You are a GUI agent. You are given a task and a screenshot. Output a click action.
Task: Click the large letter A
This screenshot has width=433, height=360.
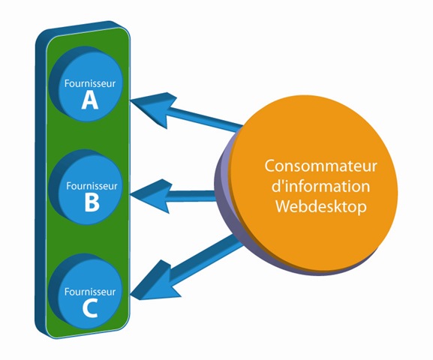point(90,100)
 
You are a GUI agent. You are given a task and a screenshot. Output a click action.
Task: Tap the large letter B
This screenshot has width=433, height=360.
point(92,202)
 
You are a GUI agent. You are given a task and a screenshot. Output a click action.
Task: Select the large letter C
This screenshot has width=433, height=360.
point(90,308)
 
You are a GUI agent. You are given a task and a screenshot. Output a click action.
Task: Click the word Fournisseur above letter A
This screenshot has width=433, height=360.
point(90,83)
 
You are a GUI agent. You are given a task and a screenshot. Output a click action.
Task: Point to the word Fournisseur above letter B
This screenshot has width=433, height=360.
point(92,185)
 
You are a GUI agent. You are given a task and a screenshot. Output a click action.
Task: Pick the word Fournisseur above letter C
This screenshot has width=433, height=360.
point(90,291)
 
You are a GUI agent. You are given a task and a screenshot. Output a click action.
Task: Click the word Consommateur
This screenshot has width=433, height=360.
point(320,166)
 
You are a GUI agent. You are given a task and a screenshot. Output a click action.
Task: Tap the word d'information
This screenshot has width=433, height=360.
point(320,186)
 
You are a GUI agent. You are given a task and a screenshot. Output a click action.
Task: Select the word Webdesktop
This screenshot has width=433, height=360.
point(321,206)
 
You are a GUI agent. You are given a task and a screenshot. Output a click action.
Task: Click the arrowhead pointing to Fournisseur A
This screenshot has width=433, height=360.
point(155,108)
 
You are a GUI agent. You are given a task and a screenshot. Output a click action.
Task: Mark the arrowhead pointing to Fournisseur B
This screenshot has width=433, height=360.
point(152,196)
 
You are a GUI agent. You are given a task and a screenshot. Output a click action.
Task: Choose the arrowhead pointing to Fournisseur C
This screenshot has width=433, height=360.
point(155,284)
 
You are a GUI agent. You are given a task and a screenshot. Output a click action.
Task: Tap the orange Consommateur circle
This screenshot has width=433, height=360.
point(314,183)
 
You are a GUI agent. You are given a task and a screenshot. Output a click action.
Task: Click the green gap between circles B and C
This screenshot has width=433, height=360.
point(89,240)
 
